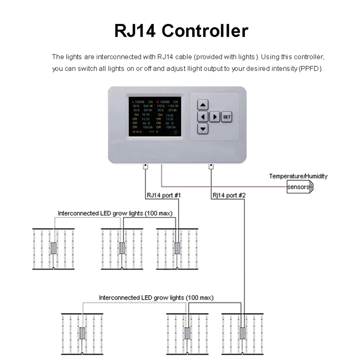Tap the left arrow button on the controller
point(203,117)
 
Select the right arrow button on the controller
point(215,117)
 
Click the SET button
point(226,117)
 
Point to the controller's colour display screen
point(155,116)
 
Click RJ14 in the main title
point(135,31)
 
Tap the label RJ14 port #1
point(163,195)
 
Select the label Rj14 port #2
point(229,195)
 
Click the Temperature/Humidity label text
point(298,176)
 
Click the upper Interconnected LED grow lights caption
point(115,213)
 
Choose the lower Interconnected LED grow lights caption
point(156,298)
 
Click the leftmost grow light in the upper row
point(53,248)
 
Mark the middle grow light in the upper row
point(122,248)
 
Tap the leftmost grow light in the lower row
point(82,333)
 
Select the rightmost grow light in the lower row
point(243,333)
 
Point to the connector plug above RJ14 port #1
point(145,166)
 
